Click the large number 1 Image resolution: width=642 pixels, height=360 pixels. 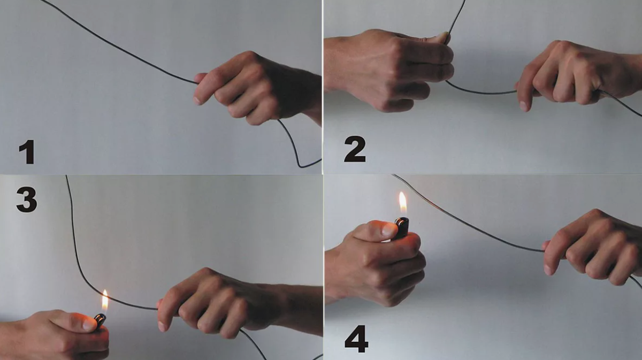(27, 152)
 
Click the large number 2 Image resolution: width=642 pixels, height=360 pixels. (355, 149)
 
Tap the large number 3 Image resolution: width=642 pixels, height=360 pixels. (27, 200)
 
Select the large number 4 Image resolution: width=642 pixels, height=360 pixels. (356, 339)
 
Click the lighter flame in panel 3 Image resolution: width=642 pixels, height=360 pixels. (105, 301)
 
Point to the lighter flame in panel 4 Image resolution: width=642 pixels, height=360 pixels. (403, 203)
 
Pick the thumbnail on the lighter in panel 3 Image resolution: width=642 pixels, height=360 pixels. (89, 325)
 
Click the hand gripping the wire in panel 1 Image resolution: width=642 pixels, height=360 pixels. (255, 87)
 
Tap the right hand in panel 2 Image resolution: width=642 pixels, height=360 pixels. (576, 74)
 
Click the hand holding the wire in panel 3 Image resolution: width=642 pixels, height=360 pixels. (230, 304)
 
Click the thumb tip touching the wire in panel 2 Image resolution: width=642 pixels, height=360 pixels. (443, 37)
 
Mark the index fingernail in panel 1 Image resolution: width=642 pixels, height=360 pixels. (197, 101)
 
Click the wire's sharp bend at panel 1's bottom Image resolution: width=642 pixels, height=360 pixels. (299, 166)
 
